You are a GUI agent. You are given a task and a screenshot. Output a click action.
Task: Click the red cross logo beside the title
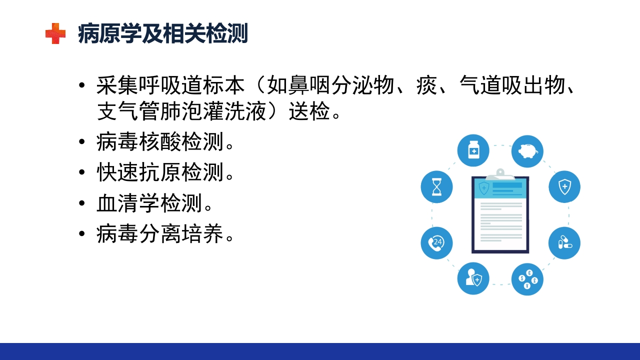coord(55,34)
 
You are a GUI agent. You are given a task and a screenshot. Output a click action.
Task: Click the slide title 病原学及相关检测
coord(163,34)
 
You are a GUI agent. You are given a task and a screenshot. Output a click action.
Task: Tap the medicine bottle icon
coord(473,150)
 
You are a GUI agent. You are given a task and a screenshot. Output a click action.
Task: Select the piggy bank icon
coord(527,150)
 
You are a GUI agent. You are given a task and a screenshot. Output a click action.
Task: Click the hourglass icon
coord(436,187)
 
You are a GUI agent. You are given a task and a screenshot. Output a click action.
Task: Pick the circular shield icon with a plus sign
coord(564,187)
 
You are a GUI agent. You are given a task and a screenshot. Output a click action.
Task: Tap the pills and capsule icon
coord(564,243)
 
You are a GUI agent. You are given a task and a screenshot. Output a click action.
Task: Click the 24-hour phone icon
coord(436,243)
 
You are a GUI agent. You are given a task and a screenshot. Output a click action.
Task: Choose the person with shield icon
coord(473,278)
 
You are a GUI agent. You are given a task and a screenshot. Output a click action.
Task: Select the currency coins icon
coord(527,279)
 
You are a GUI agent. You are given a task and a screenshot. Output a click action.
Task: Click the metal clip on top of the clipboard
coord(500,173)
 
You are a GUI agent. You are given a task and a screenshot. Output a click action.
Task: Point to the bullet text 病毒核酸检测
coord(160,143)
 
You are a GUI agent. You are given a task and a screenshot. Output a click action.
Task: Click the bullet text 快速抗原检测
coord(160,173)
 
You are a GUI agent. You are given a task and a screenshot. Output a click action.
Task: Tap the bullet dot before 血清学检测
coord(82,203)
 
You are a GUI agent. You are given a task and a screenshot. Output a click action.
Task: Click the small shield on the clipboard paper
coord(483,188)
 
